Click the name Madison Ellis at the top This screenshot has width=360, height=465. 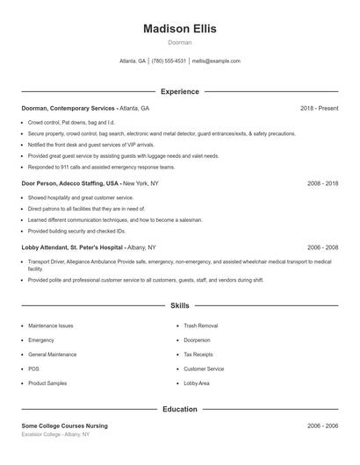click(x=179, y=28)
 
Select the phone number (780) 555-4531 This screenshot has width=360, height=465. click(x=169, y=61)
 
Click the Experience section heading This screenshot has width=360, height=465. click(x=179, y=91)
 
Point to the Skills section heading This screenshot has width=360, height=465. click(x=179, y=306)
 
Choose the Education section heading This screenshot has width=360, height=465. click(x=179, y=409)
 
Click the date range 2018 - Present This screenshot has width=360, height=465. click(x=319, y=108)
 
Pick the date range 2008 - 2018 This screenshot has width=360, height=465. click(x=322, y=183)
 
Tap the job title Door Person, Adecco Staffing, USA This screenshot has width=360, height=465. click(x=70, y=183)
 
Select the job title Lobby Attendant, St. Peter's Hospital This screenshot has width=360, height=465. click(x=72, y=247)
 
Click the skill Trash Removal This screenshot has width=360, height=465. click(x=201, y=325)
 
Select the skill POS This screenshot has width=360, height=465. click(x=33, y=368)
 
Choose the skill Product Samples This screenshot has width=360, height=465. click(x=47, y=383)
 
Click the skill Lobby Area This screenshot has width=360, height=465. click(x=197, y=383)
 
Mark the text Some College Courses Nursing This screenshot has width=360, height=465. click(x=64, y=426)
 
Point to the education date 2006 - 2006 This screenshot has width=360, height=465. click(x=322, y=426)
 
